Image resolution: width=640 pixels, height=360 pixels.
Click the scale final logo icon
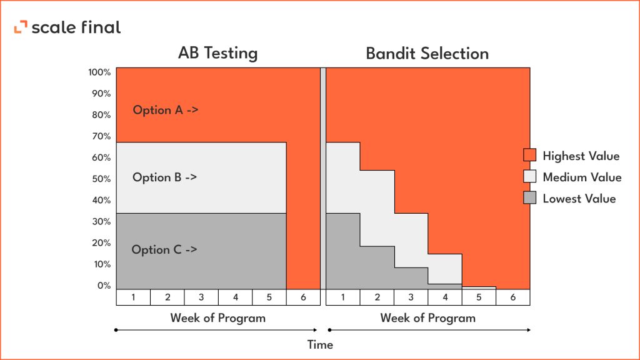click(x=21, y=27)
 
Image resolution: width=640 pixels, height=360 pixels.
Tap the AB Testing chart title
click(x=217, y=53)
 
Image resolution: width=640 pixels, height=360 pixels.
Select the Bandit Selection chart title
click(x=427, y=54)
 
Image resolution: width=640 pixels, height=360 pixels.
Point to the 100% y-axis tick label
click(x=100, y=72)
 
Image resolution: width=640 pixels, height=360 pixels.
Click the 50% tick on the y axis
click(x=101, y=179)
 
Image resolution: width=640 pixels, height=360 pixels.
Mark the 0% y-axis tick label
click(x=103, y=286)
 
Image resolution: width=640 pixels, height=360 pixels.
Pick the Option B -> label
click(x=164, y=177)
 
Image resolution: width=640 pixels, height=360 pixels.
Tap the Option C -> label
click(x=164, y=249)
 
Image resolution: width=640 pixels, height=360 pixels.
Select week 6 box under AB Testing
click(x=303, y=297)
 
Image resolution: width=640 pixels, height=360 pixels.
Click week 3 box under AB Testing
click(x=201, y=297)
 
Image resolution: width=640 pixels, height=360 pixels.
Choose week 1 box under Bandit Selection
click(x=343, y=297)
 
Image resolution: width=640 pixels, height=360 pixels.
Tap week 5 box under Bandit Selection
click(x=479, y=297)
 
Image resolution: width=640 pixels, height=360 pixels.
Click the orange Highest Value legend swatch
click(x=529, y=156)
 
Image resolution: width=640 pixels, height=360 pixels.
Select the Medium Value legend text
click(x=582, y=177)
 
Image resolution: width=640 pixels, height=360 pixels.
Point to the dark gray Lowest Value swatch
click(x=529, y=199)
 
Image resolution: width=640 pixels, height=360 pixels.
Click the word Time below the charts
click(x=320, y=344)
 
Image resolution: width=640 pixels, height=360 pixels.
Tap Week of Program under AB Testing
click(x=217, y=318)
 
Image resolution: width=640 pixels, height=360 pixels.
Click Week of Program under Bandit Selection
click(x=427, y=318)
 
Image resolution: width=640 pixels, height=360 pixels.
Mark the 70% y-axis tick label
click(x=101, y=136)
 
